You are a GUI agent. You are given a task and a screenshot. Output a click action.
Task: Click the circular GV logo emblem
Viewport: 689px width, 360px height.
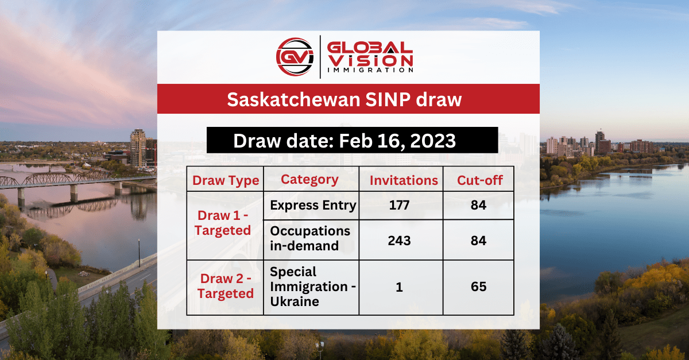tap(295, 56)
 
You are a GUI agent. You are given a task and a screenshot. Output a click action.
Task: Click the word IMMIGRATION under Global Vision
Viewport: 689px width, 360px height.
tap(370, 70)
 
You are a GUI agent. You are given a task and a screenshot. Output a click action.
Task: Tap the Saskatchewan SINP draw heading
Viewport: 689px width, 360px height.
tap(344, 99)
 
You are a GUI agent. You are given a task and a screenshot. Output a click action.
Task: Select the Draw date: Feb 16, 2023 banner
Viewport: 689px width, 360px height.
tap(344, 141)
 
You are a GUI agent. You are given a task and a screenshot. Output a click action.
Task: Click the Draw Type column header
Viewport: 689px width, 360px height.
tap(226, 180)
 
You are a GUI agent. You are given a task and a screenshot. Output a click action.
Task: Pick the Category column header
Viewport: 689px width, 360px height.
tap(309, 179)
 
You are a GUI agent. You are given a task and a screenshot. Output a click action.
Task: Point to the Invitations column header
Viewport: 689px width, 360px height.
tap(404, 180)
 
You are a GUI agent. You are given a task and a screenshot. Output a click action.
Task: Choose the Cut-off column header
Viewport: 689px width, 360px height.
tap(479, 180)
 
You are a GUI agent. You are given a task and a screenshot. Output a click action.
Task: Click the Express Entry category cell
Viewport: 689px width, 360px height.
tap(313, 206)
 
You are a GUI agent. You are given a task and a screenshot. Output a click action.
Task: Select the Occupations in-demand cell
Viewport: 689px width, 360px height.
tap(310, 239)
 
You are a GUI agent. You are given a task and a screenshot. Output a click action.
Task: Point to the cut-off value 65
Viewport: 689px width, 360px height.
tap(478, 287)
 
